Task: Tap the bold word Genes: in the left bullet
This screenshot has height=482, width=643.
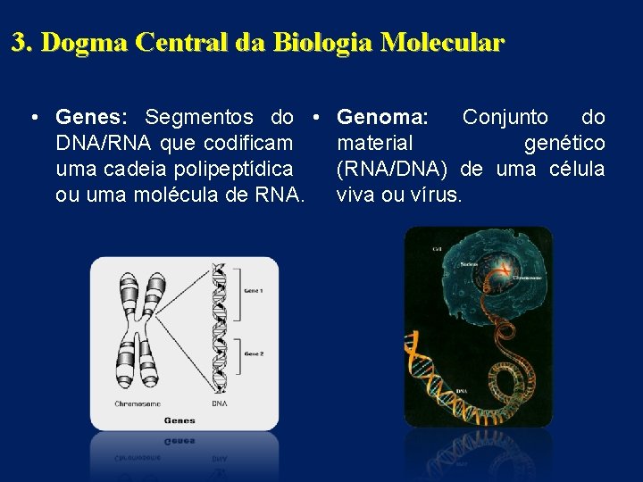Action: pos(93,117)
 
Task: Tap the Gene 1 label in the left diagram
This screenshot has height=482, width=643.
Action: pos(255,291)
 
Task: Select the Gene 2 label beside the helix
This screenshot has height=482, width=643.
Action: pos(255,354)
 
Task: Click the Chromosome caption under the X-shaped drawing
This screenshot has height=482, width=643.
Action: pos(138,404)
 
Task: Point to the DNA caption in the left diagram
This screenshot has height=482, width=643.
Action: pos(220,404)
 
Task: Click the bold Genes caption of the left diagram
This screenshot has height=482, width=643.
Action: pos(180,420)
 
